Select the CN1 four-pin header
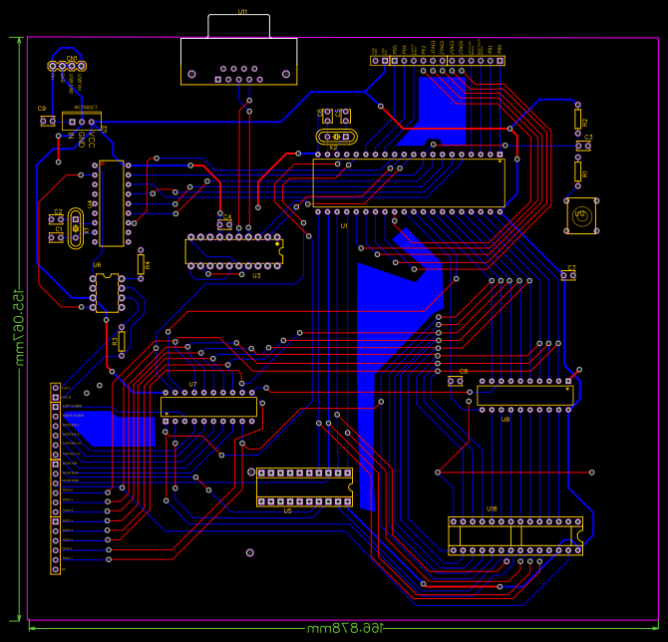(68, 67)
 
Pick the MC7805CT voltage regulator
(81, 120)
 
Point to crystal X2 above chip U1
(336, 137)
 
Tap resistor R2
(577, 119)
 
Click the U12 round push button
(582, 215)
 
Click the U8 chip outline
(524, 395)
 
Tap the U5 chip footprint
(304, 486)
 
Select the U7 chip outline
(209, 407)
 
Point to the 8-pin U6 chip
(108, 294)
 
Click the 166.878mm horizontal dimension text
(345, 628)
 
